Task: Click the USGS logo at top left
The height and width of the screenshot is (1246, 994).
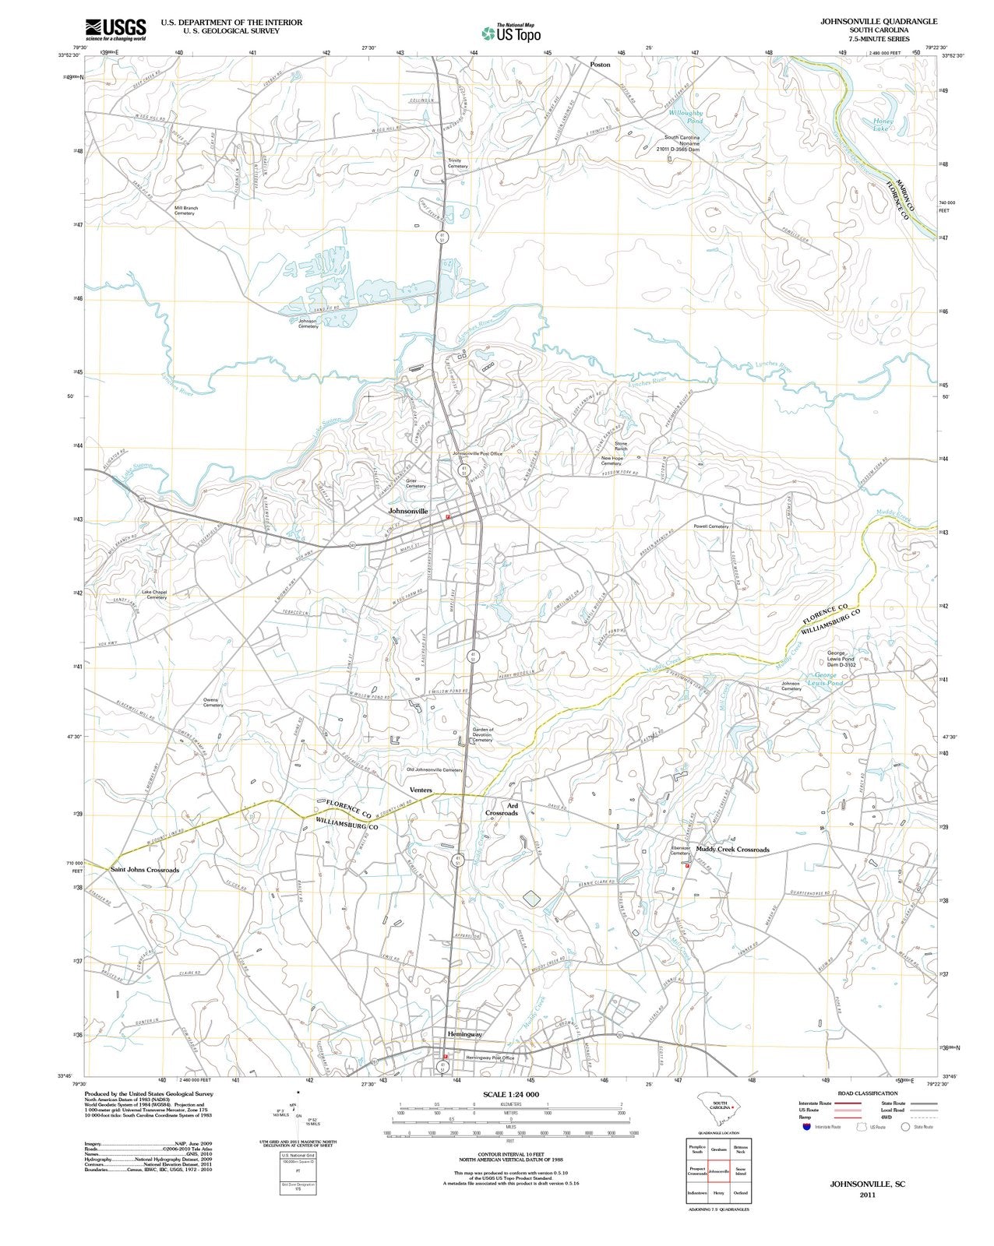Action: pos(115,29)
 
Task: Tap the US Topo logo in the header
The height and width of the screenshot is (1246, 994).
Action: pos(511,32)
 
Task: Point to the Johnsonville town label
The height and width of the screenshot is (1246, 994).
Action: pos(409,511)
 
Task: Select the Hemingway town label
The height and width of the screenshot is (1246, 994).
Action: pos(465,1033)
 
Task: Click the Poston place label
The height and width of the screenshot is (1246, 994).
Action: pos(600,65)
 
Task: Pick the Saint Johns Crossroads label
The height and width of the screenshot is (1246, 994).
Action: pos(145,870)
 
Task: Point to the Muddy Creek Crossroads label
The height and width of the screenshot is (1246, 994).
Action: pos(732,850)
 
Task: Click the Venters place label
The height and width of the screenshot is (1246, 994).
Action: pos(421,790)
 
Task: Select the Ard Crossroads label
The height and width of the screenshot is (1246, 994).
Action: pos(502,809)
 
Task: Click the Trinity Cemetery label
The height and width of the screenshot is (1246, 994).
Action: pos(458,164)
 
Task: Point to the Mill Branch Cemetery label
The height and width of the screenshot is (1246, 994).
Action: pos(186,210)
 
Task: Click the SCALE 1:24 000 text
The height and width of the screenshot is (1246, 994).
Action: pos(511,1094)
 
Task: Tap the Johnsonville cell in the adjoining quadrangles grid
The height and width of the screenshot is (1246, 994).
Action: pos(718,1171)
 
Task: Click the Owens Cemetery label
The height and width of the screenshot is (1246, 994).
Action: pos(213,702)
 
